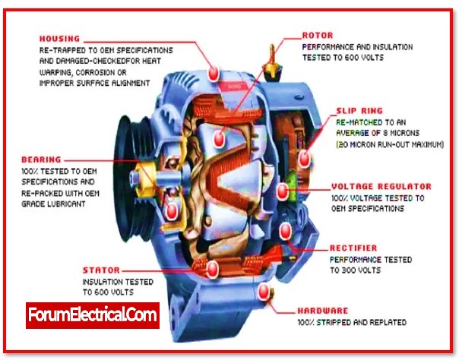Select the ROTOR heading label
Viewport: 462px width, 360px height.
[x=318, y=35]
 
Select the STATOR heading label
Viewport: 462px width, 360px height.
[x=102, y=270]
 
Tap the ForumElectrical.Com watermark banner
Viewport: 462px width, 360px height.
[x=93, y=314]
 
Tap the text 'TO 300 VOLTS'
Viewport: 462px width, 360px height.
[x=356, y=270]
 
